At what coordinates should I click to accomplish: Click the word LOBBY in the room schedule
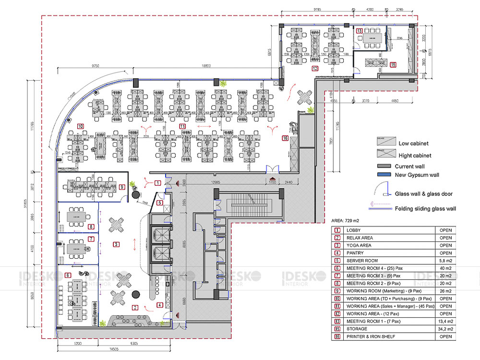click(x=353, y=230)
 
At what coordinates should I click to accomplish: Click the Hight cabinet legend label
click(x=415, y=155)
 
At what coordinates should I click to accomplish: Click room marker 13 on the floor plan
click(x=360, y=31)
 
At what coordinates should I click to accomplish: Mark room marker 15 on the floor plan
click(x=393, y=64)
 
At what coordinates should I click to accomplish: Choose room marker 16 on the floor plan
click(x=285, y=138)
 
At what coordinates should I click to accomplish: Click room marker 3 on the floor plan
click(x=116, y=244)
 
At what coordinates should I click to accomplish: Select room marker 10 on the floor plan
click(x=80, y=126)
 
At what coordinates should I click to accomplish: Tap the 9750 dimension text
click(x=93, y=66)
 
